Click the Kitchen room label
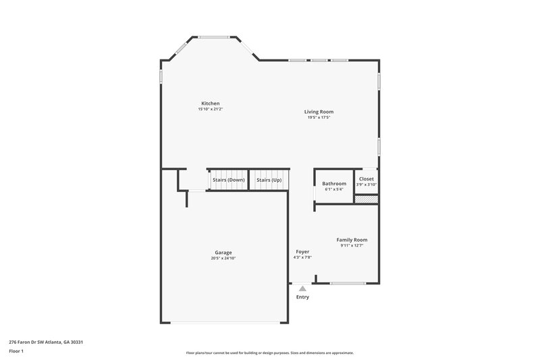[210, 103]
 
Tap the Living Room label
[319, 111]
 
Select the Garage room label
[223, 253]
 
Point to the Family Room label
[352, 240]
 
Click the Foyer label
[302, 251]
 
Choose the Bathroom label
[334, 184]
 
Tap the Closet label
[367, 179]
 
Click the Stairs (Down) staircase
[228, 180]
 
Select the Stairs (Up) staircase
[269, 180]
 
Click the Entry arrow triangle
[302, 288]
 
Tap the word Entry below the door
[302, 297]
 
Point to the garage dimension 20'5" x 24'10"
[223, 258]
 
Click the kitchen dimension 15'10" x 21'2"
[210, 109]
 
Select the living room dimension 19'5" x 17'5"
[319, 118]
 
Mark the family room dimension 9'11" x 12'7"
[352, 246]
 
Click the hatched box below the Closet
[366, 199]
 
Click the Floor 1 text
[16, 351]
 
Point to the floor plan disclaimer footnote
[269, 353]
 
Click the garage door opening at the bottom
[224, 323]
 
